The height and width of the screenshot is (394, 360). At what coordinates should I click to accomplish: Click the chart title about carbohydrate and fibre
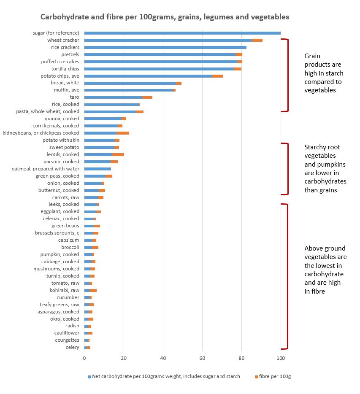[165, 17]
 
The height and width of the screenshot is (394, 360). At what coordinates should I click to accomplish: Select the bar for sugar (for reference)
[182, 33]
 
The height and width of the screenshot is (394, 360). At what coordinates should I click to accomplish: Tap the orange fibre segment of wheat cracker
[257, 40]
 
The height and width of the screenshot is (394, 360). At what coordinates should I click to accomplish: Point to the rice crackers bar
[165, 47]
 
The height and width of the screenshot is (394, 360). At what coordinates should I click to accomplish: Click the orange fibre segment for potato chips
[217, 76]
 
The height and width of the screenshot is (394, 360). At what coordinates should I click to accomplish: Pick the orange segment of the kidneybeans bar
[123, 133]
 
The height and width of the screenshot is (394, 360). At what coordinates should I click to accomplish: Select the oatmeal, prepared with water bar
[98, 169]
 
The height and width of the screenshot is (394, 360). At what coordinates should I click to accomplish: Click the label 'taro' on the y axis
[74, 97]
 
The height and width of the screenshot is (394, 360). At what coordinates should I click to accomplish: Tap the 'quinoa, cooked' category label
[62, 119]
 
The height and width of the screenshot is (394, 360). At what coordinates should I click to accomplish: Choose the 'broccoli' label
[70, 247]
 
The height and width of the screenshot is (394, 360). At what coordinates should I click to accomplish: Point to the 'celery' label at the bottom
[73, 347]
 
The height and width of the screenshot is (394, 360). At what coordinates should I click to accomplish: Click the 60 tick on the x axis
[203, 358]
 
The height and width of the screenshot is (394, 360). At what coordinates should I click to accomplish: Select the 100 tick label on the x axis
[281, 358]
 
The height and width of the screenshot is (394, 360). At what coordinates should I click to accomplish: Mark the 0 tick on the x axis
[84, 358]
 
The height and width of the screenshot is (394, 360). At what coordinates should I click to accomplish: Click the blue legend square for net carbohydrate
[89, 377]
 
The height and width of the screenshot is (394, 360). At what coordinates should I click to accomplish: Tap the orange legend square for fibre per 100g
[257, 377]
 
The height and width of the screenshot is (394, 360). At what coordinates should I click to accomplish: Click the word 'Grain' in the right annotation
[312, 56]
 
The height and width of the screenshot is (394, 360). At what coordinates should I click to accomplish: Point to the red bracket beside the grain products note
[288, 75]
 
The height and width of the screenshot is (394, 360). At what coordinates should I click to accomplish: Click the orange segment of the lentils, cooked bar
[118, 154]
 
